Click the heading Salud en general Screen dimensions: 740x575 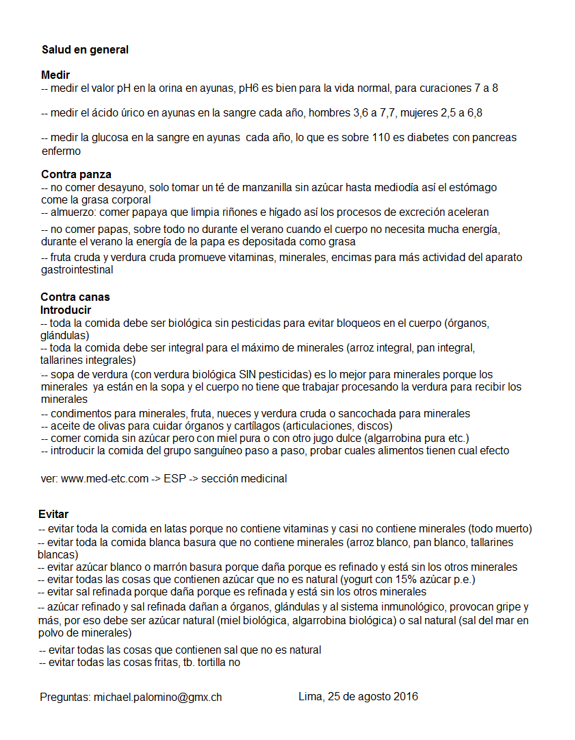click(x=85, y=50)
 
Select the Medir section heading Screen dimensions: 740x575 click(x=55, y=75)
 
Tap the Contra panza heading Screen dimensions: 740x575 click(x=76, y=174)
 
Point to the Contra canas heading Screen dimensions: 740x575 click(x=75, y=297)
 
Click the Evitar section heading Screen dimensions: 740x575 click(x=53, y=514)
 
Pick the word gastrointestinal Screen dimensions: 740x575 click(x=77, y=270)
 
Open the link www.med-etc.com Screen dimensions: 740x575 click(x=105, y=479)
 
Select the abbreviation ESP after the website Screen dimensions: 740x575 click(x=174, y=479)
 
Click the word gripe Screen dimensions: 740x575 click(x=508, y=607)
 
